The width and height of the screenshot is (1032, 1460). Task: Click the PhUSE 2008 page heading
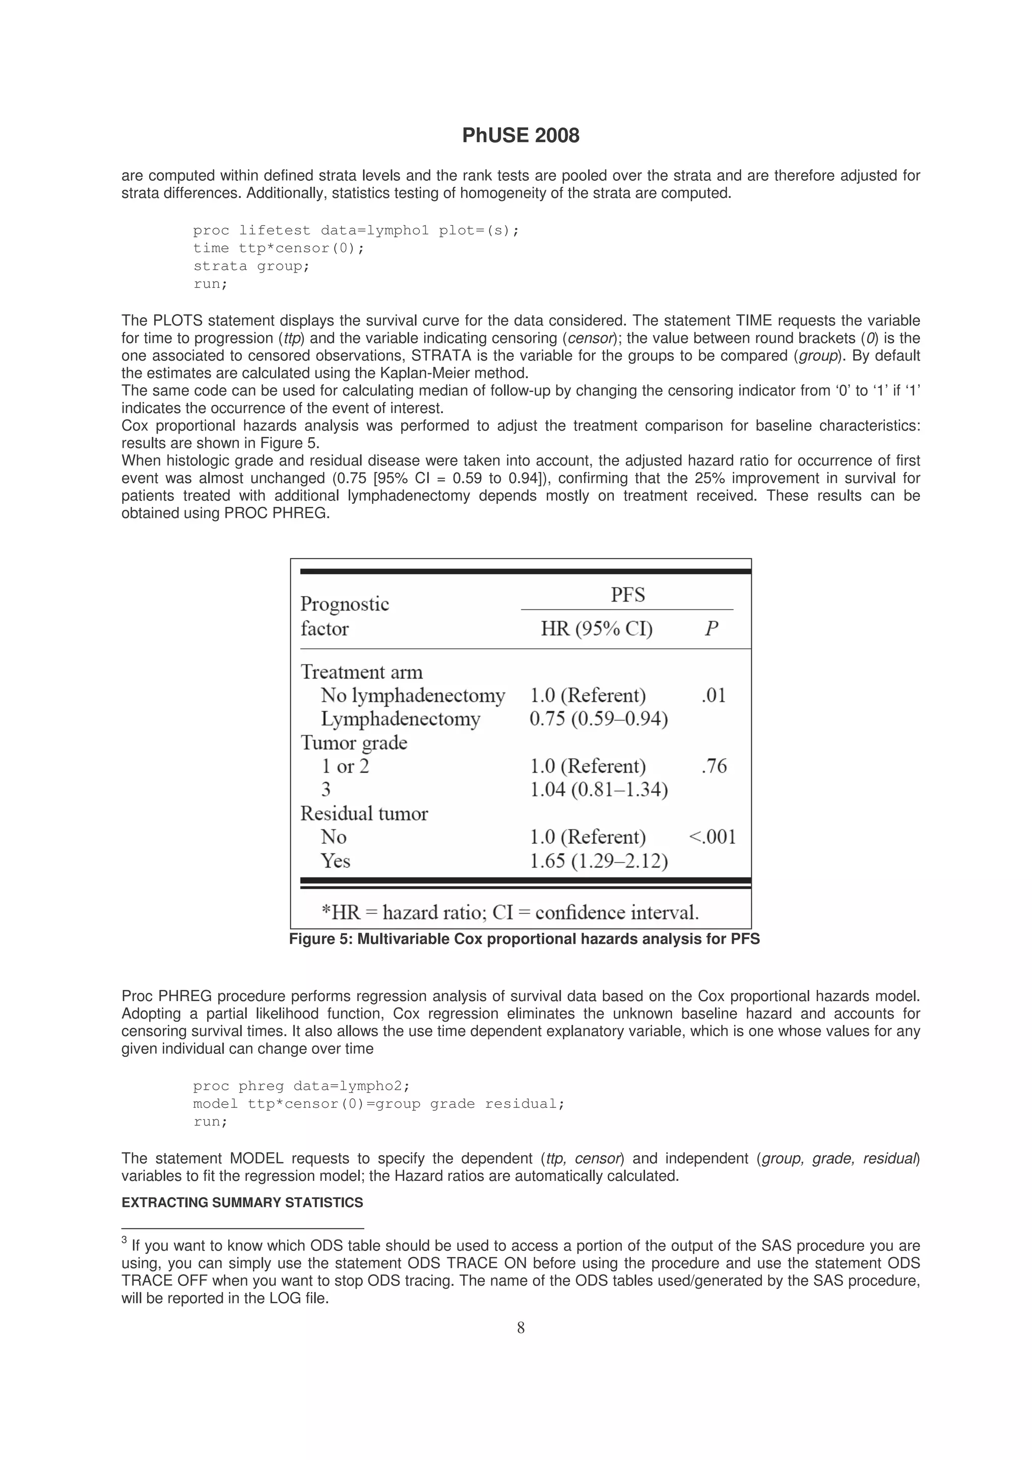click(520, 136)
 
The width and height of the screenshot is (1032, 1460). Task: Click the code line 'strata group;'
click(251, 266)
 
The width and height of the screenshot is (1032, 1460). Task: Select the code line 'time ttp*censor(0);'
click(279, 248)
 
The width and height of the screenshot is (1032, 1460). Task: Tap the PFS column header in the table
click(627, 594)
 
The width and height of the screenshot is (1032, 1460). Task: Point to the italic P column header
click(711, 629)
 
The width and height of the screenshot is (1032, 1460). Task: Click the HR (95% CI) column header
click(597, 629)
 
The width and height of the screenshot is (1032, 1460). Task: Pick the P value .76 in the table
click(714, 766)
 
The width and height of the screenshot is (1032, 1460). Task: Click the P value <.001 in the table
click(712, 836)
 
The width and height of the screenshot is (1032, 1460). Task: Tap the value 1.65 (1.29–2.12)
click(598, 861)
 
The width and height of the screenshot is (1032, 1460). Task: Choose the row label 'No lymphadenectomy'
click(413, 695)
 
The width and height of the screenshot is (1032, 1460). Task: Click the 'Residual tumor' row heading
click(364, 813)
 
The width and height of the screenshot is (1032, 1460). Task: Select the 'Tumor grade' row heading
click(354, 742)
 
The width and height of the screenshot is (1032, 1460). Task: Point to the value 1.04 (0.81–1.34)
click(598, 790)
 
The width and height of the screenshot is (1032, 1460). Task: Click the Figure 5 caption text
click(524, 939)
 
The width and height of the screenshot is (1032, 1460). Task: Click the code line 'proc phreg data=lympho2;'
click(301, 1086)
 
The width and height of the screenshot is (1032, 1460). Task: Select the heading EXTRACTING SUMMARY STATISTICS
click(242, 1203)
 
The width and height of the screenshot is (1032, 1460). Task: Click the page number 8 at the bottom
click(520, 1328)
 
